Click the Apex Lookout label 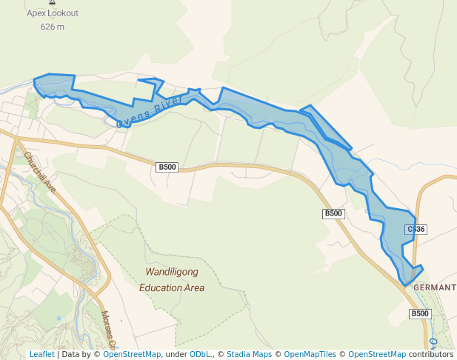(x=52, y=13)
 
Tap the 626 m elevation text (x=52, y=27)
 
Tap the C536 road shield (x=416, y=229)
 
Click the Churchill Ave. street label (x=39, y=170)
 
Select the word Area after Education (x=196, y=287)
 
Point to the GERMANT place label (x=435, y=287)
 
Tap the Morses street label (x=108, y=329)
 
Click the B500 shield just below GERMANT (x=420, y=314)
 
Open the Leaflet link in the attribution (x=41, y=355)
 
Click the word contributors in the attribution (x=430, y=355)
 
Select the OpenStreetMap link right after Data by (x=132, y=355)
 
